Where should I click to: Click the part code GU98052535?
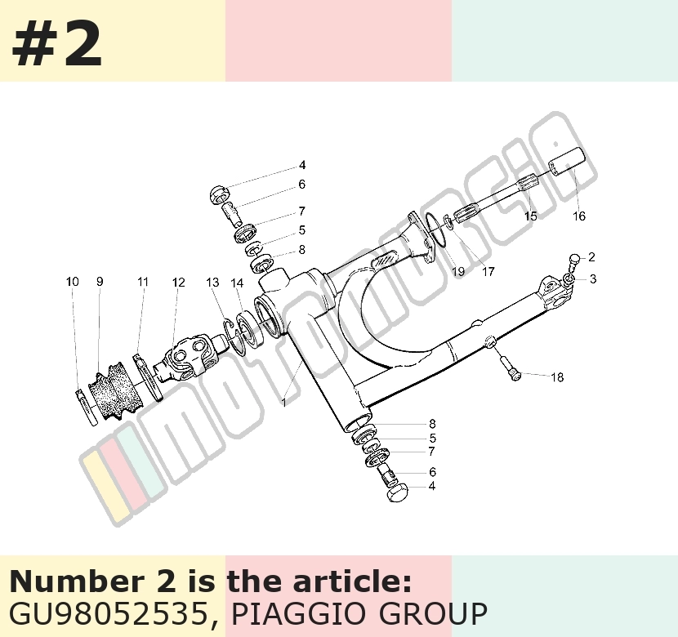(x=109, y=613)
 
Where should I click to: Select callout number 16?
(x=579, y=216)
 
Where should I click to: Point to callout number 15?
(x=530, y=216)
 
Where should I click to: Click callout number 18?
(x=557, y=377)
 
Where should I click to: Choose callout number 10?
(x=72, y=281)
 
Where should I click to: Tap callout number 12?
(x=178, y=283)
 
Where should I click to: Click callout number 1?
(x=284, y=403)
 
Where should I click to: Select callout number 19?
(x=458, y=271)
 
